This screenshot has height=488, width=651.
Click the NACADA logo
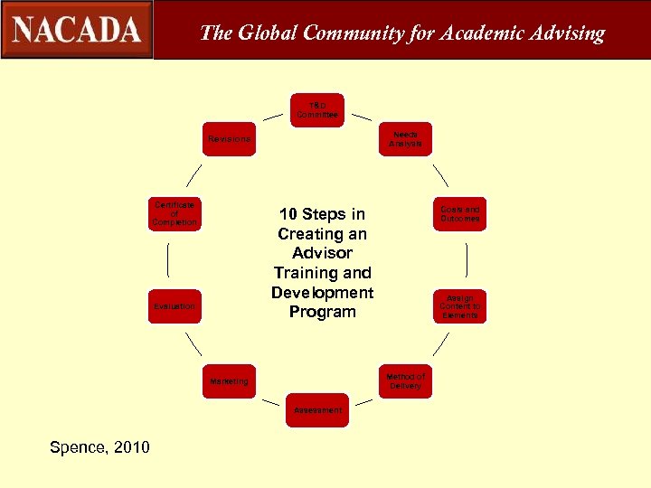coord(77,30)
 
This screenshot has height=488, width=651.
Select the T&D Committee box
coord(317,110)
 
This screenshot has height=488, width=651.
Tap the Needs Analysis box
coord(405,139)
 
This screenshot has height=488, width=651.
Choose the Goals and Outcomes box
coord(460,214)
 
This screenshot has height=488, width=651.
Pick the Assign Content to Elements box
coord(460,306)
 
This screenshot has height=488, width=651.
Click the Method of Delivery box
coord(405,380)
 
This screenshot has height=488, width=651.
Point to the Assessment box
coord(317,410)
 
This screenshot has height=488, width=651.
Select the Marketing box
coord(229,381)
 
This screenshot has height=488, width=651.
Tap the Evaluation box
coord(175,306)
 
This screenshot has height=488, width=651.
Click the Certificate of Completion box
coord(175,214)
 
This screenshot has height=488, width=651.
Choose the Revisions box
coord(229,139)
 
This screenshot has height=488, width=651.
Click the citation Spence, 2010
coord(100,447)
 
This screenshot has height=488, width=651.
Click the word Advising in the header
coord(563,33)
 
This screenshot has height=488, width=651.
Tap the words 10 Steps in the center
coord(322,214)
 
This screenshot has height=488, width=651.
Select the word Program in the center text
coord(322,312)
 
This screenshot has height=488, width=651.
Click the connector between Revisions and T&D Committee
coord(272,117)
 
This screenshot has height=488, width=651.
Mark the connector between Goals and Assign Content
coord(466,260)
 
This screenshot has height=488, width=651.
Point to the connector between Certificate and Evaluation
coord(168,260)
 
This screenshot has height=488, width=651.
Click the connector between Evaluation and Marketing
coord(193,343)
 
